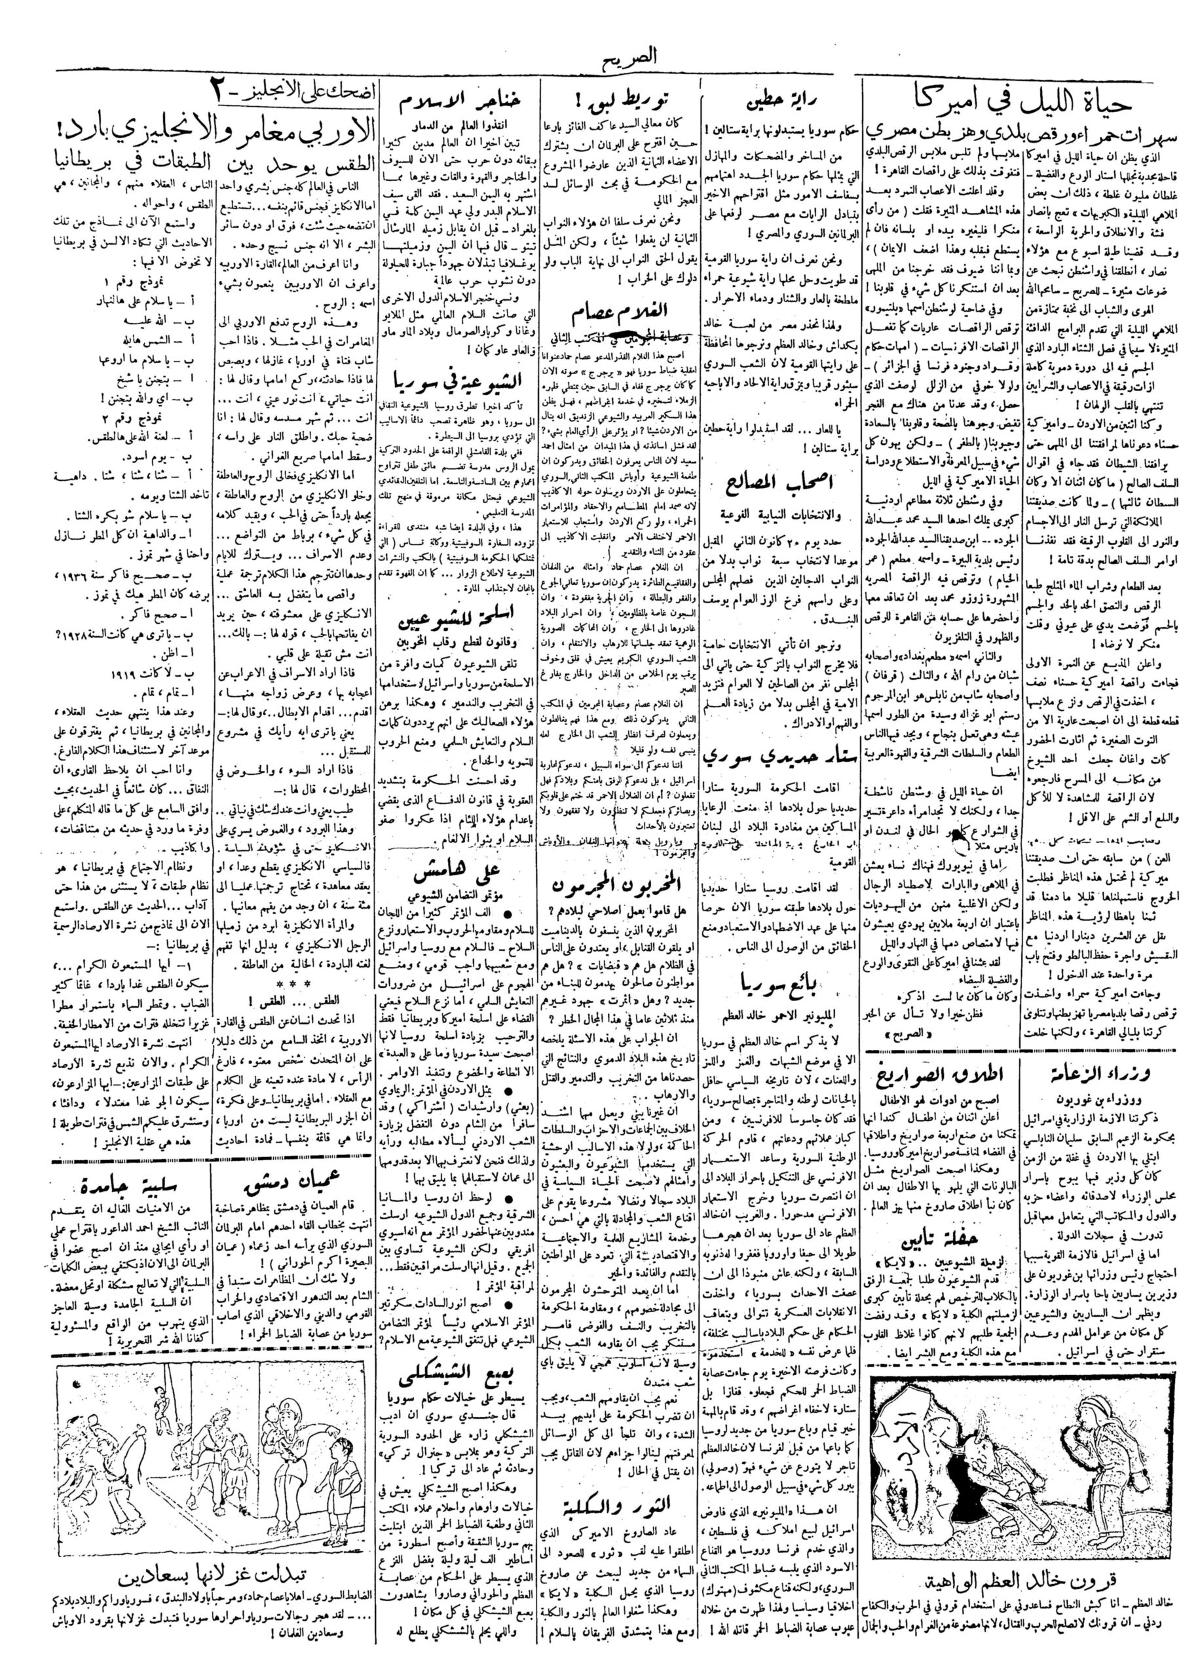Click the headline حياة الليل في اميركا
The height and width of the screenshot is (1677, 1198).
point(1028,105)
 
